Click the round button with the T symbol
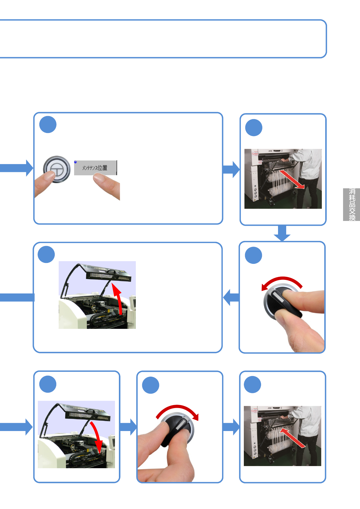pos(57,169)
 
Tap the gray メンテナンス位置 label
pos(95,168)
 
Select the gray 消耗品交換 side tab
pos(351,205)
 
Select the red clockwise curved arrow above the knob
pos(178,411)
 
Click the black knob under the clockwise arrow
pos(177,429)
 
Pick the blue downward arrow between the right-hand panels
pos(282,233)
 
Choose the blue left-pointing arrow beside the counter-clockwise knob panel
pos(231,297)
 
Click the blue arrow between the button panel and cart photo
pos(231,169)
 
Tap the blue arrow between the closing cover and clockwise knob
pos(128,427)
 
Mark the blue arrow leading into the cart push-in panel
pos(231,427)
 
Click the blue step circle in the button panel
pos(48,125)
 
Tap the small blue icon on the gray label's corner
pos(75,162)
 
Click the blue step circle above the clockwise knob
pos(151,385)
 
